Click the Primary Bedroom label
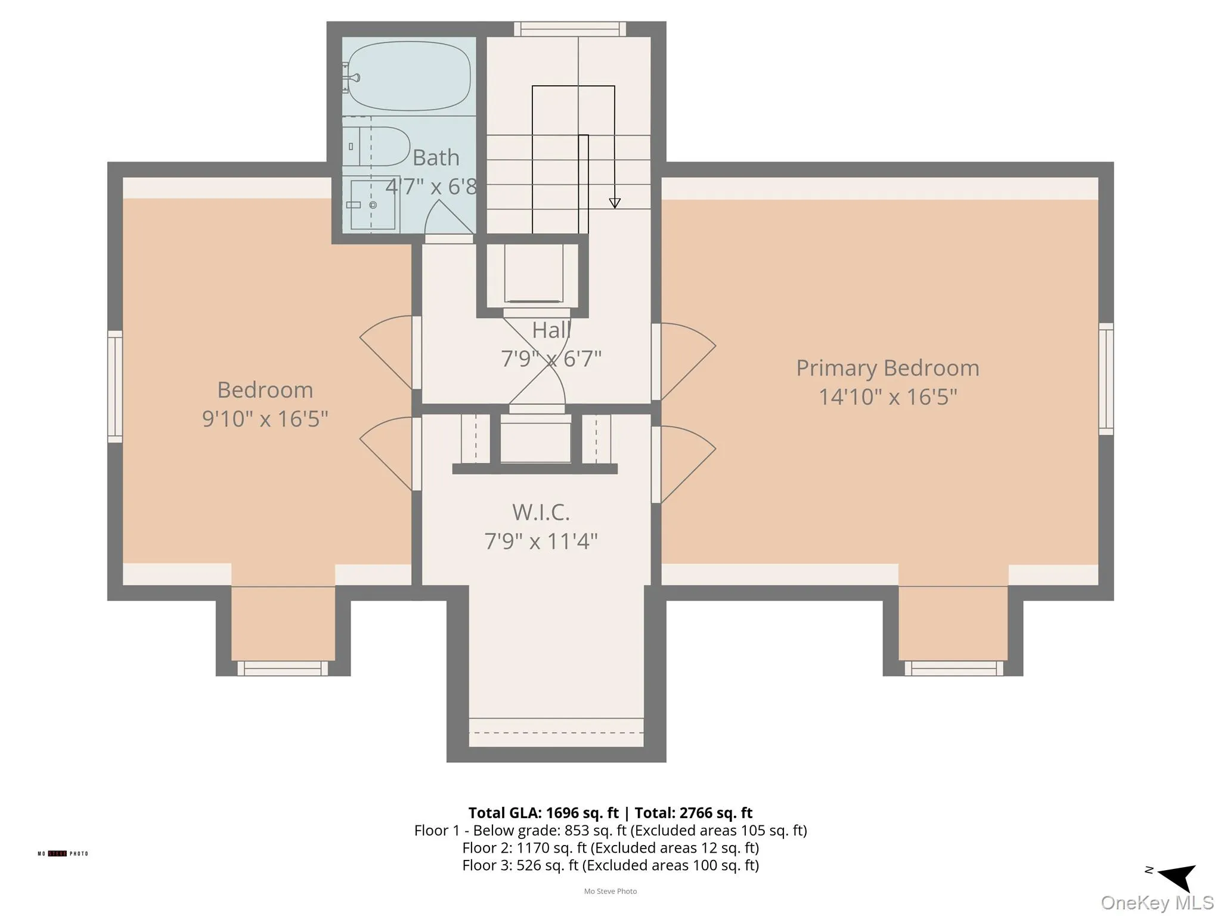pyautogui.click(x=887, y=368)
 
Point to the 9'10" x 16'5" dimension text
pyautogui.click(x=265, y=419)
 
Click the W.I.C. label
pyautogui.click(x=541, y=512)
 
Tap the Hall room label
pyautogui.click(x=551, y=330)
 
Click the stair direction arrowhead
pyautogui.click(x=615, y=203)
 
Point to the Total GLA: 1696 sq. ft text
pyautogui.click(x=543, y=813)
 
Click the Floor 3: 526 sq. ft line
pyautogui.click(x=610, y=865)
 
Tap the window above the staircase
pyautogui.click(x=570, y=29)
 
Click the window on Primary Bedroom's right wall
pyautogui.click(x=1106, y=379)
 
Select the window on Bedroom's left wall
pyautogui.click(x=114, y=386)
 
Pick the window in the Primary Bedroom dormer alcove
pyautogui.click(x=954, y=668)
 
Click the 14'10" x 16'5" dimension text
pyautogui.click(x=887, y=397)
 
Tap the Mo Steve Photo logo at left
pyautogui.click(x=63, y=853)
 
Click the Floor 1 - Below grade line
pyautogui.click(x=610, y=830)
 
